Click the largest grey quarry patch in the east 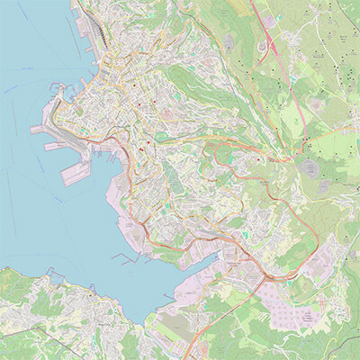point(311,166)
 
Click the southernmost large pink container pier point(76,174)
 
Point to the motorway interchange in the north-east point(269,45)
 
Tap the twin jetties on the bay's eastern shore point(126,258)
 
